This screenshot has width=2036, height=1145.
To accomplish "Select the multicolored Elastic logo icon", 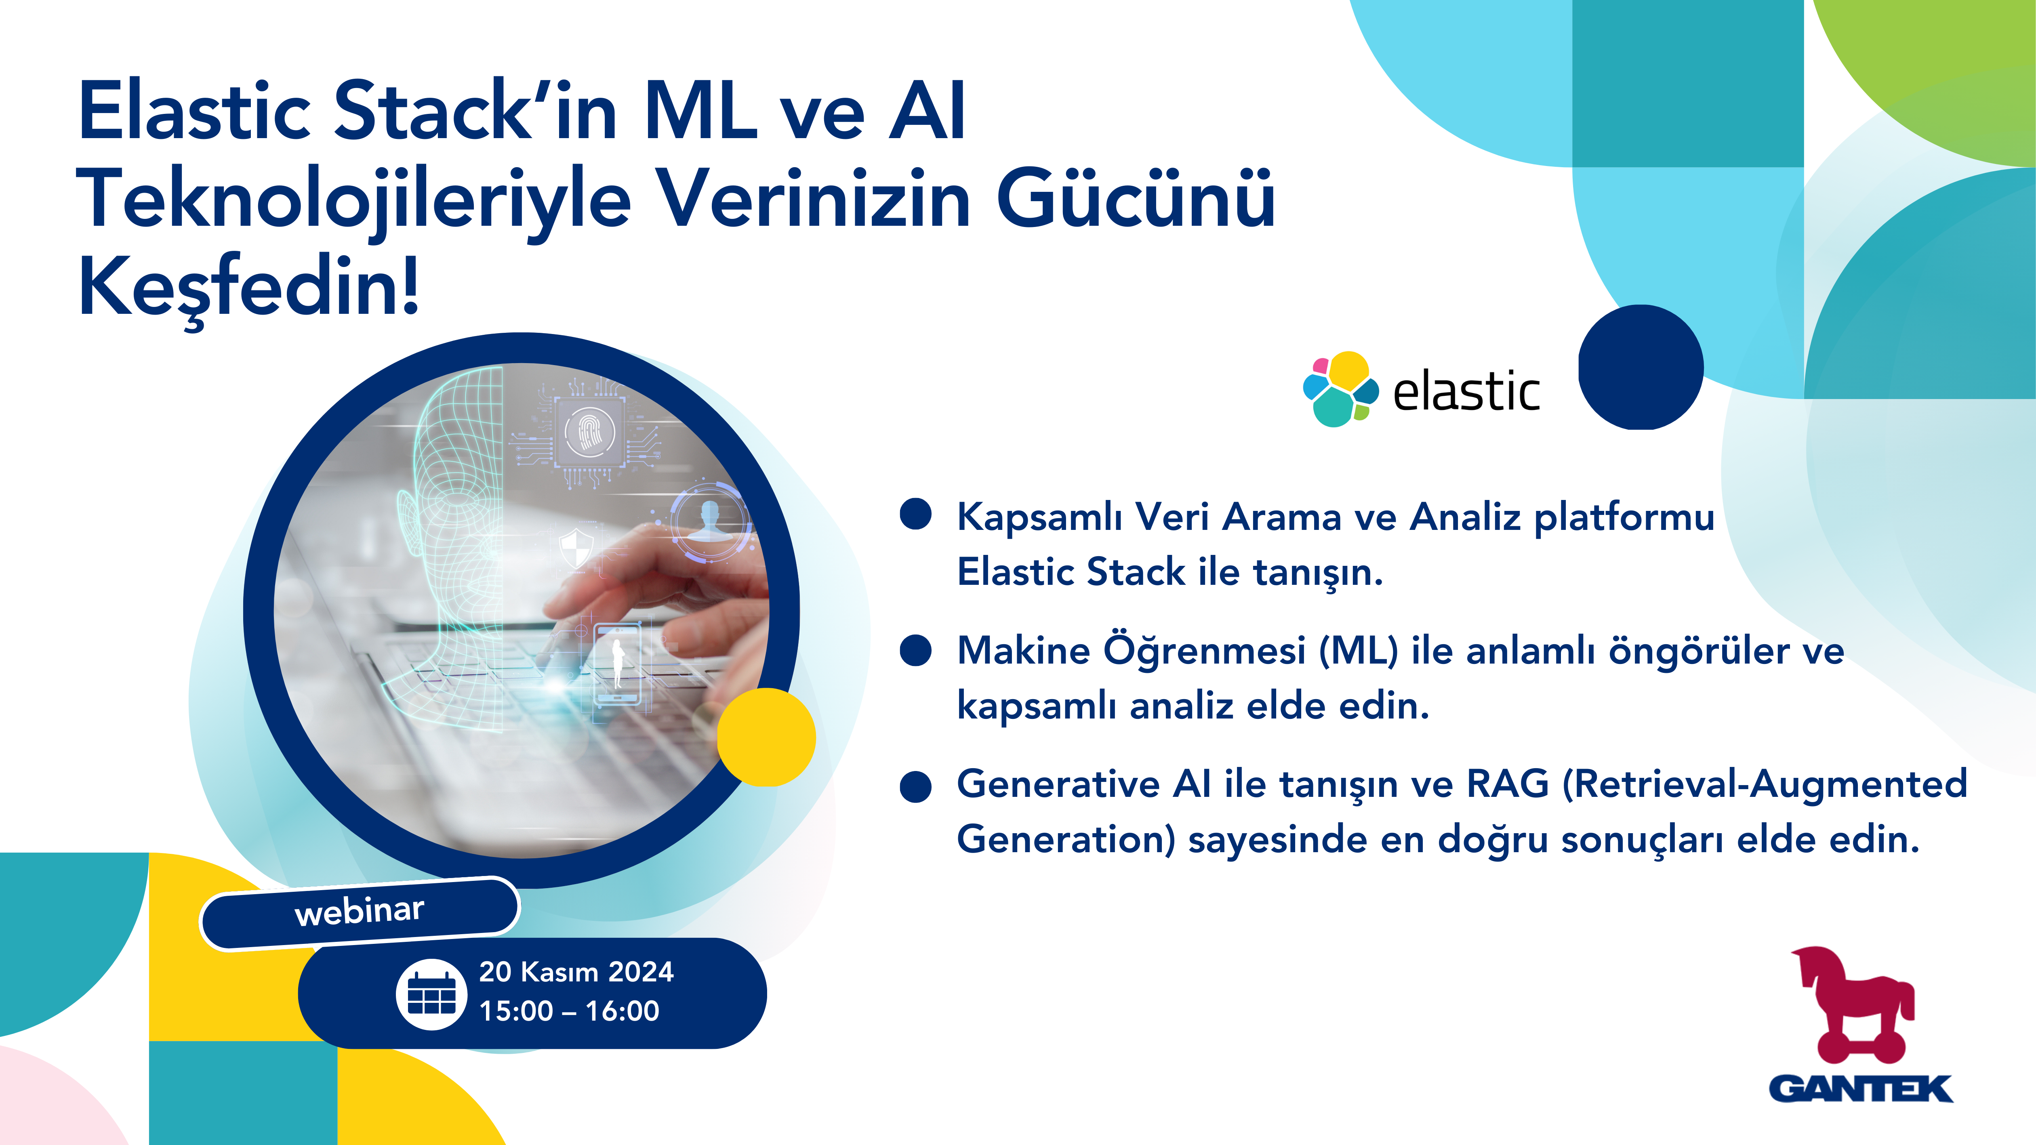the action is [1340, 389].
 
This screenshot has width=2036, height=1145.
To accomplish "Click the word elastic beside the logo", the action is [1466, 391].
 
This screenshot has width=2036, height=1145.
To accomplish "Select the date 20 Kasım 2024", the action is [576, 971].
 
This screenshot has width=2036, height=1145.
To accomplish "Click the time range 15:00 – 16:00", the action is [569, 1011].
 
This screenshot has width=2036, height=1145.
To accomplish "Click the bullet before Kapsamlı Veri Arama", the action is [916, 514].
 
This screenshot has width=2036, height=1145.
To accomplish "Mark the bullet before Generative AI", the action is [916, 786].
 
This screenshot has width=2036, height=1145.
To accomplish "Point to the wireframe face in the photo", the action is [450, 545].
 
